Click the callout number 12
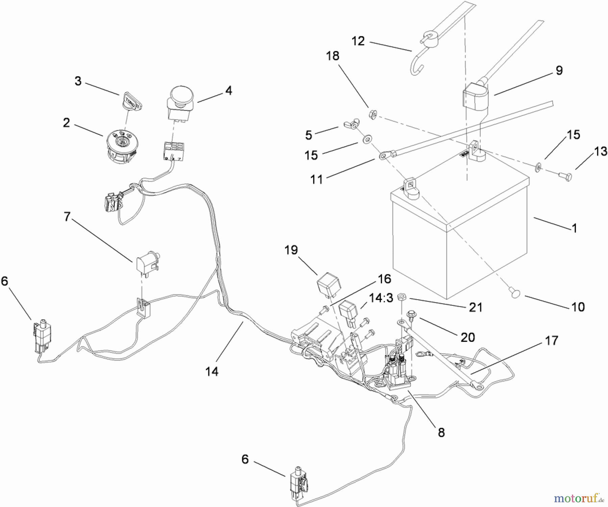click(358, 41)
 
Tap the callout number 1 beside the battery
click(574, 229)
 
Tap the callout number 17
click(551, 340)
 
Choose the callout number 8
click(441, 433)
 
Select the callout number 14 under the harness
click(212, 372)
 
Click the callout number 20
click(468, 337)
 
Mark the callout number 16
click(384, 279)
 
